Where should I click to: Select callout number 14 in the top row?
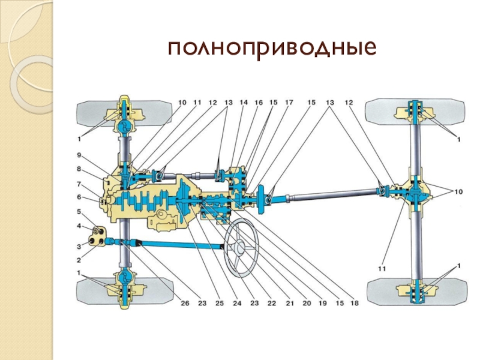pyautogui.click(x=243, y=103)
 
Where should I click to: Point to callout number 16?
pyautogui.click(x=259, y=103)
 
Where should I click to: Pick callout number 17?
pyautogui.click(x=289, y=103)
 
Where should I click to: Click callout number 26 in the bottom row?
pyautogui.click(x=184, y=304)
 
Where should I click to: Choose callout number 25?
pyautogui.click(x=220, y=304)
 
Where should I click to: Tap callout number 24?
pyautogui.click(x=237, y=304)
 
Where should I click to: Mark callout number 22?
pyautogui.click(x=272, y=304)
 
